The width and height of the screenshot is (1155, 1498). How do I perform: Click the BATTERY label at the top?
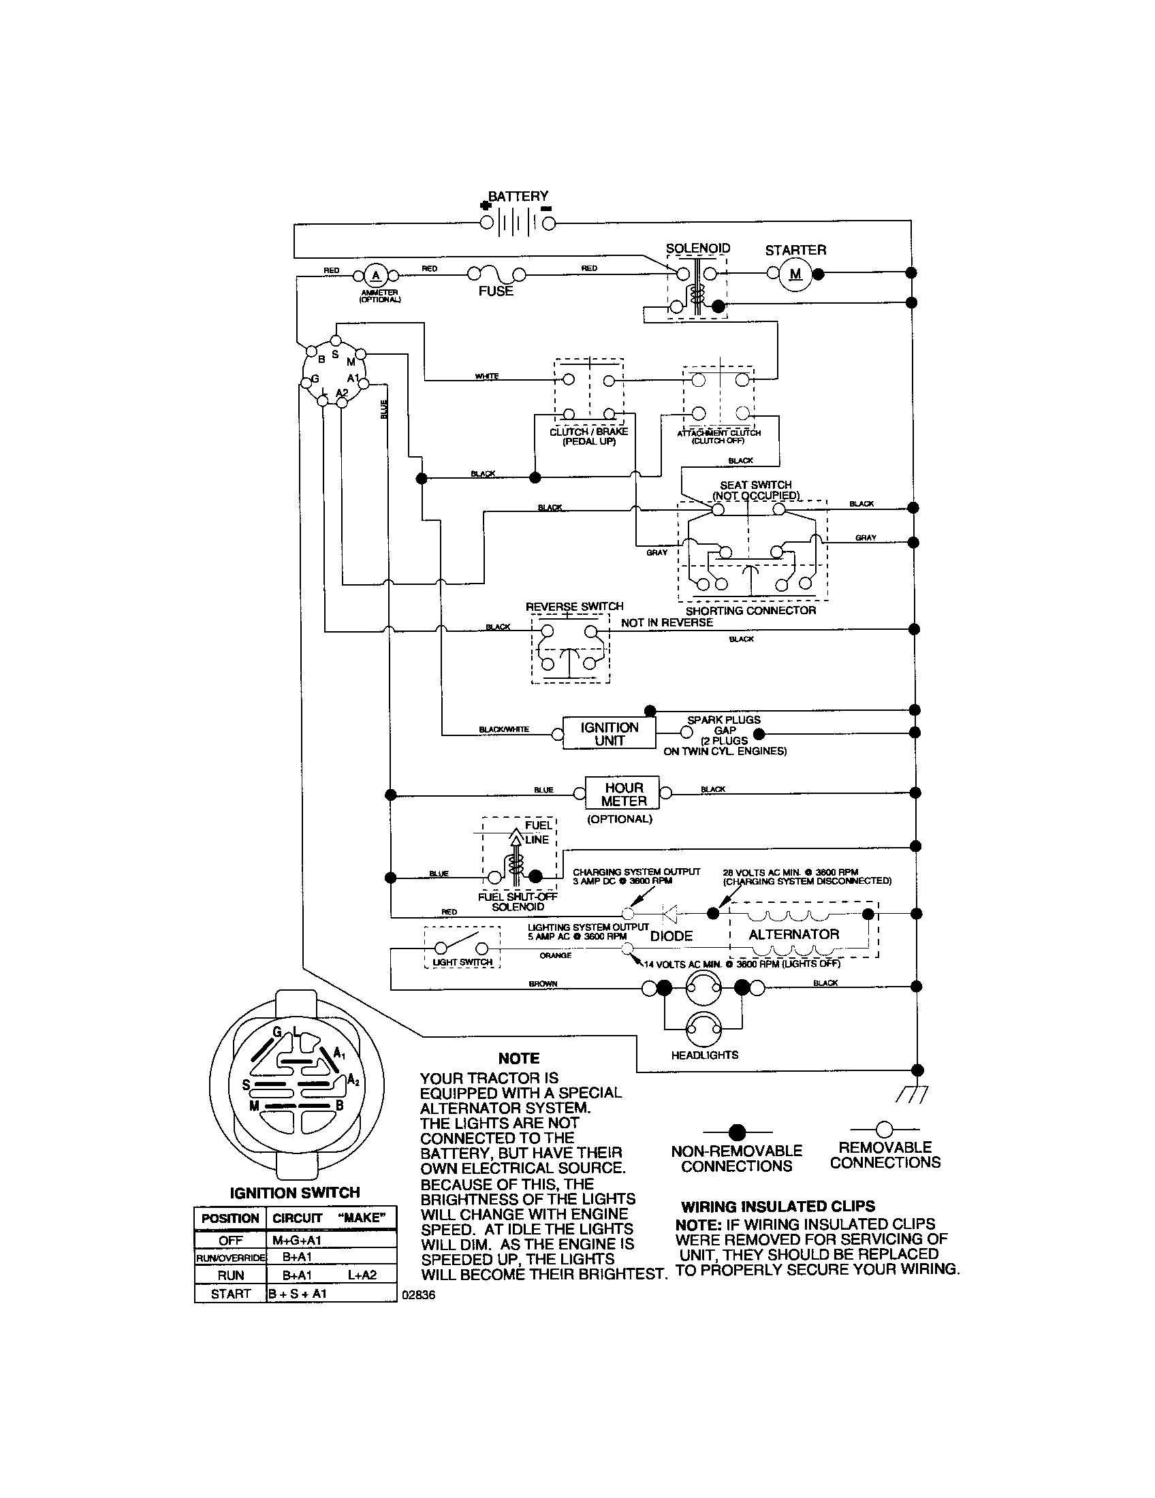[518, 196]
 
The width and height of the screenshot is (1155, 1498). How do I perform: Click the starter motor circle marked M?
[795, 274]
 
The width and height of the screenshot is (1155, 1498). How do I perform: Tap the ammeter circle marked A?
[375, 276]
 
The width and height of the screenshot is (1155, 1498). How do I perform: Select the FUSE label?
[496, 291]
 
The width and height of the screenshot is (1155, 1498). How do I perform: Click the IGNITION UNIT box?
[609, 733]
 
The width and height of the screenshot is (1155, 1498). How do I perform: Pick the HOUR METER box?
[622, 794]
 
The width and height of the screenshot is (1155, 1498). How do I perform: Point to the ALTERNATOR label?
[793, 934]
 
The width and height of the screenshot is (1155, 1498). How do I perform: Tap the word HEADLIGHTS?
[704, 1055]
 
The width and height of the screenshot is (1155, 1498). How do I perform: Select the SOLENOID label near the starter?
[697, 249]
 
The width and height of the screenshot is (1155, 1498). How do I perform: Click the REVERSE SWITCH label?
[574, 606]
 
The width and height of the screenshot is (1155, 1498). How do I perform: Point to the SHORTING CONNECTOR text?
[750, 611]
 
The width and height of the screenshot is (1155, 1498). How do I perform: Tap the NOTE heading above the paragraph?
[518, 1058]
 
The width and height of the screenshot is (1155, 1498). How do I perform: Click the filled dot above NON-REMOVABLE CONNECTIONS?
[737, 1131]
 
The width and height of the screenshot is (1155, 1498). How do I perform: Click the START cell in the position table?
[230, 1294]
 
